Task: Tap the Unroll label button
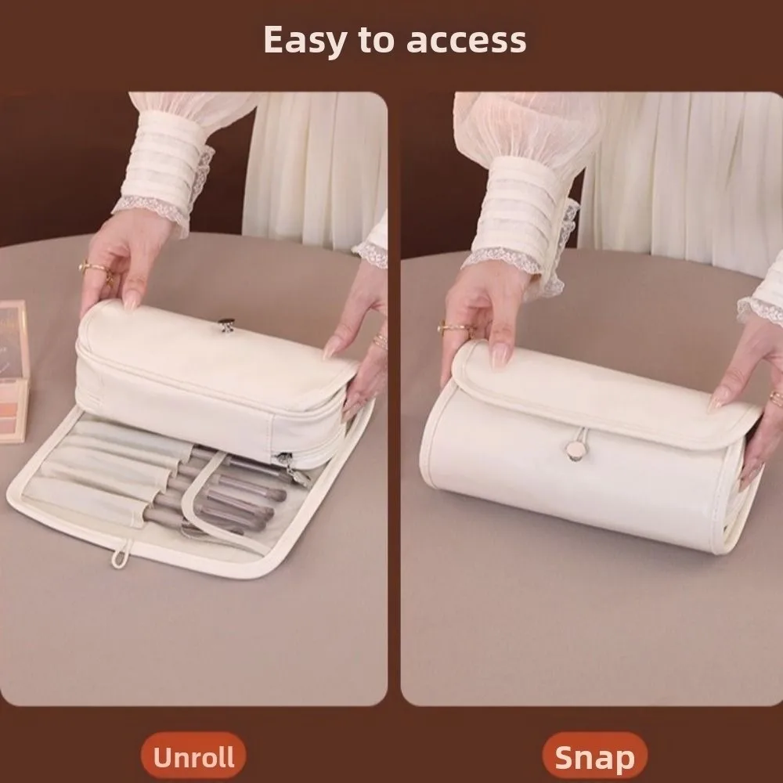pyautogui.click(x=193, y=757)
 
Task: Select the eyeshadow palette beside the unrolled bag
pyautogui.click(x=13, y=368)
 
